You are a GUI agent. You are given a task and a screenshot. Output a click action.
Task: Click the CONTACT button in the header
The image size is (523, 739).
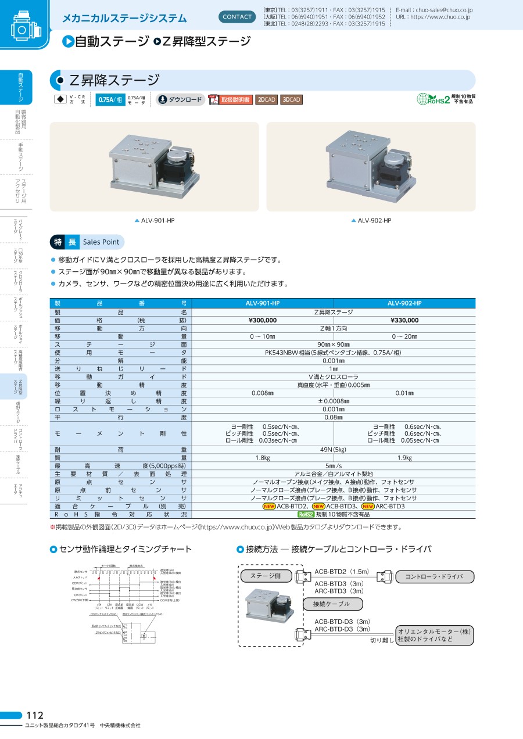[x=238, y=17]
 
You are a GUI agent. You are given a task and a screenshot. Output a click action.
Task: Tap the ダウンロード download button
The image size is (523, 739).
[x=181, y=100]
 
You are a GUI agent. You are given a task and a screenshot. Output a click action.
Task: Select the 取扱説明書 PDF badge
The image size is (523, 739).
[x=231, y=100]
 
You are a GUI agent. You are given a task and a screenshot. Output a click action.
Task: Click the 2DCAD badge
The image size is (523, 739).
[x=267, y=100]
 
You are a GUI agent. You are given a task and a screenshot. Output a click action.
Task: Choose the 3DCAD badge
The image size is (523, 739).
[x=292, y=100]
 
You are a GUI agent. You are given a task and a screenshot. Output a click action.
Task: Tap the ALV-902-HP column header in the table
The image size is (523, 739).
[x=404, y=303]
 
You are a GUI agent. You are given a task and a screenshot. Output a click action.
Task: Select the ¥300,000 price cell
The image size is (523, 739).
[x=263, y=320]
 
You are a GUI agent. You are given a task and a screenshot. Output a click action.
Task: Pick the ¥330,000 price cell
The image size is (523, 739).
[x=404, y=320]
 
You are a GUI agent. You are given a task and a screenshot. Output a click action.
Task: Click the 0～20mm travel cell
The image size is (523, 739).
[x=404, y=336]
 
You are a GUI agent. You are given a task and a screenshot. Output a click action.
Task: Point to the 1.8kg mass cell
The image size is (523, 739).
[x=263, y=458]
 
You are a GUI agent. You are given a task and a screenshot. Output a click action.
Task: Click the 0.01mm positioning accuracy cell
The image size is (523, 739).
[x=404, y=393]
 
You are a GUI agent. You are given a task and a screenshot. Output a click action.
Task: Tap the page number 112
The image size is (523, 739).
[x=35, y=715]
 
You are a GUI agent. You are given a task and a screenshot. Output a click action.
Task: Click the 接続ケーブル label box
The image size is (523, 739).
[x=332, y=604]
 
